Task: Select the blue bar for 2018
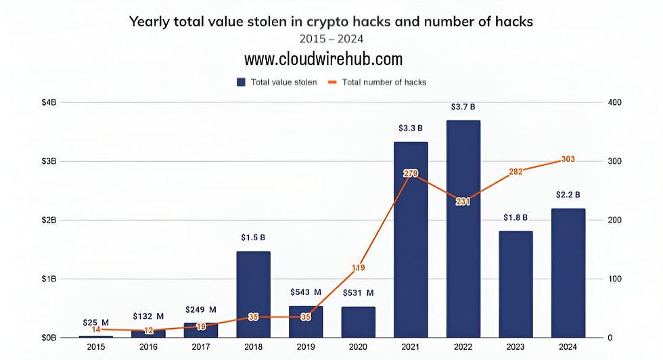tap(253, 294)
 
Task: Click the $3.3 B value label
tap(410, 128)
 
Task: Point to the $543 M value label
tap(305, 292)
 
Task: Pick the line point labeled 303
tap(568, 160)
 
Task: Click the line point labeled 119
tap(358, 268)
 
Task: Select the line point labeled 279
tap(410, 174)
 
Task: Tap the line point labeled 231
tap(463, 202)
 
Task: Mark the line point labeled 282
tap(515, 172)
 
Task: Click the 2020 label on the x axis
tap(358, 347)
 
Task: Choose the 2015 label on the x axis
tap(96, 347)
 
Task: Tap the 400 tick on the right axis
tap(614, 102)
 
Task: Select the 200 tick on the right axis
tap(614, 220)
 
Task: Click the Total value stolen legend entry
tap(276, 82)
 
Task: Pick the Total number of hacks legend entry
tap(377, 82)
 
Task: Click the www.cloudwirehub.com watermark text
tap(323, 59)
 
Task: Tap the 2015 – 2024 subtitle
tap(331, 38)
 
